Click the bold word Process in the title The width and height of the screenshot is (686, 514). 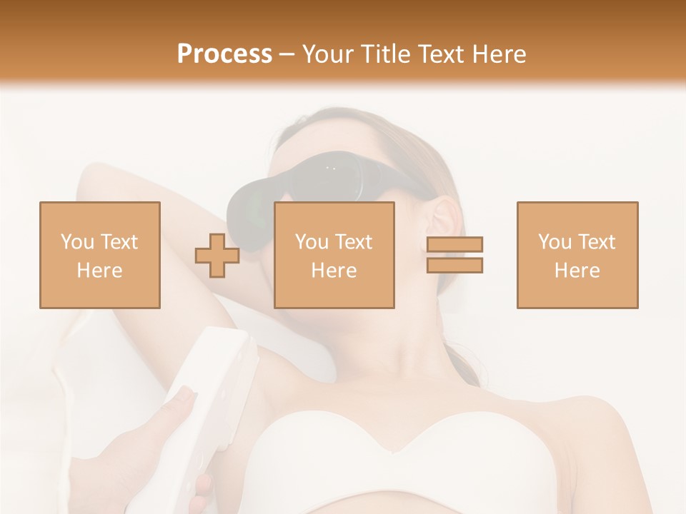coord(224,54)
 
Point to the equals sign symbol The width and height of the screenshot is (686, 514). coord(454,255)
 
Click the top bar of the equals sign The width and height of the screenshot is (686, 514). coord(454,245)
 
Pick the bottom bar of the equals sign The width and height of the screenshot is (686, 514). coord(454,265)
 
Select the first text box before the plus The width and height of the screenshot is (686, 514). coord(99,255)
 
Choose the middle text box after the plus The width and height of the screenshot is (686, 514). coord(334,255)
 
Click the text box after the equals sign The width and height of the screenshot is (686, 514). coord(577,255)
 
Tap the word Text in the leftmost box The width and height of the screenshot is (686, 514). coord(119,242)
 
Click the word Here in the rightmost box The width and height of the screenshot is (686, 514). coord(577,271)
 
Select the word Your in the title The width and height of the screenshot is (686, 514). coord(329,54)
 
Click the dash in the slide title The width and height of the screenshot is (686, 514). coord(287,54)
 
